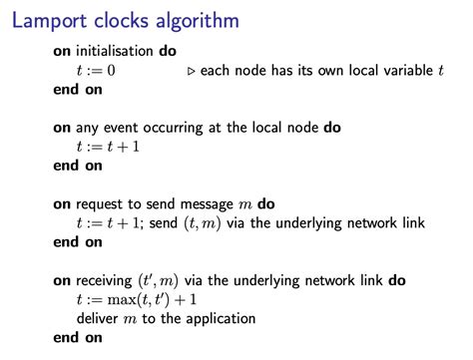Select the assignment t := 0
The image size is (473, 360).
[x=93, y=71]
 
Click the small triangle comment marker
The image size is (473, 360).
[x=192, y=71]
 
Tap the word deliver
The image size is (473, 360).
[x=98, y=319]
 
